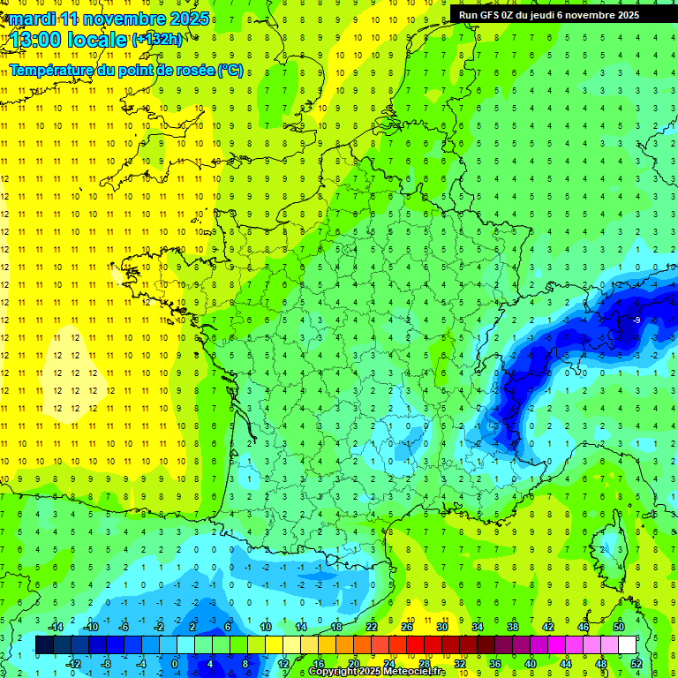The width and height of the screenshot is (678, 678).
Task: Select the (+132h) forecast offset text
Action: pyautogui.click(x=157, y=40)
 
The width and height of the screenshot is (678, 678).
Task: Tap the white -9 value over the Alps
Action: pyautogui.click(x=636, y=320)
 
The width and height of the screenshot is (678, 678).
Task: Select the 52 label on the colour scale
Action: pyautogui.click(x=637, y=663)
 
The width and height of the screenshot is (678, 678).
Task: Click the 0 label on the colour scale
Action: pyautogui.click(x=175, y=663)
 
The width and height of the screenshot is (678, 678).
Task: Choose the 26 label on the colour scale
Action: pyautogui.click(x=406, y=626)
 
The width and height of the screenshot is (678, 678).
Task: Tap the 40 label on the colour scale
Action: pyautogui.click(x=531, y=663)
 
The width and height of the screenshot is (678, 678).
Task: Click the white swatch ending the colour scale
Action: pyautogui.click(x=627, y=645)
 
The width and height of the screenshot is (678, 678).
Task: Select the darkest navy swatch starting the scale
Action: pyautogui.click(x=44, y=645)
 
